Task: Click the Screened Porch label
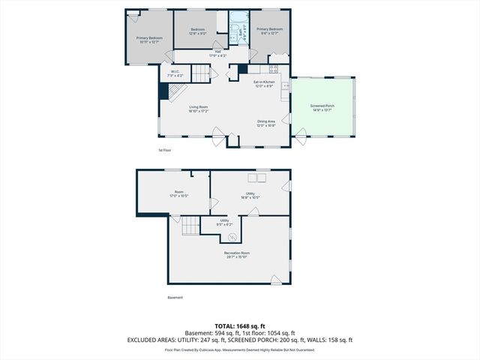pos(322,106)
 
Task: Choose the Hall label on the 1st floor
pos(217,52)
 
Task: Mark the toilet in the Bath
pos(234,36)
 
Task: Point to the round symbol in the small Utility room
pos(232,236)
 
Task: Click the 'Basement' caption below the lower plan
pos(175,298)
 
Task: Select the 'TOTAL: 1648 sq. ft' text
pos(240,326)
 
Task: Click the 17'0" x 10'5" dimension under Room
pos(179,196)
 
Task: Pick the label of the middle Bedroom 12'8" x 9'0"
pos(197,30)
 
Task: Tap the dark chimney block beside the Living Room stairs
pos(163,91)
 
